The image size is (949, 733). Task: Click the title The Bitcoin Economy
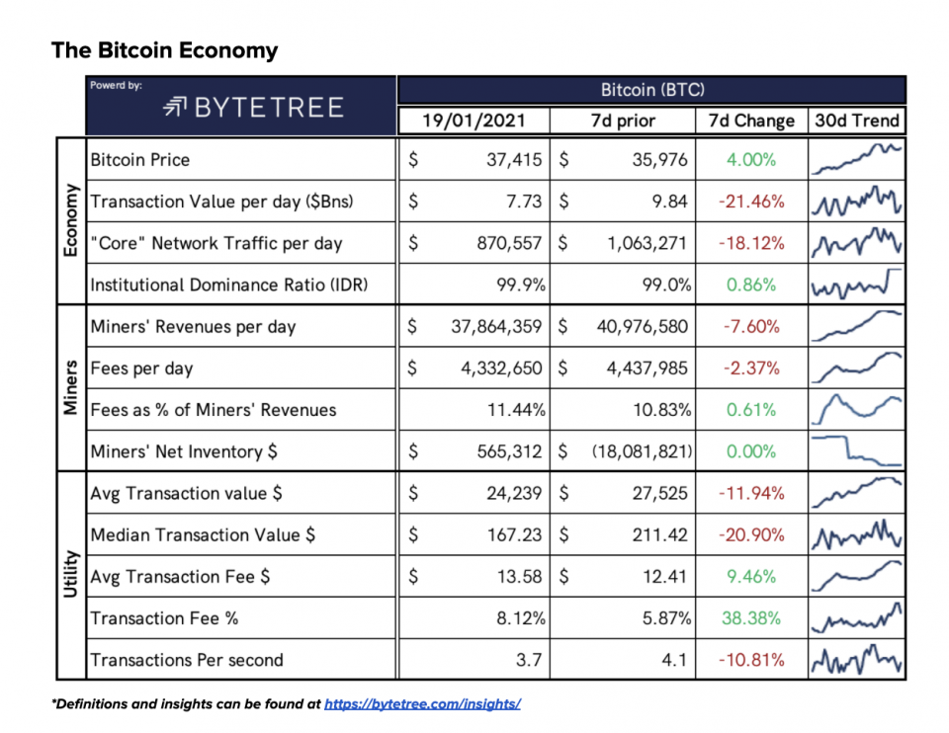(x=165, y=50)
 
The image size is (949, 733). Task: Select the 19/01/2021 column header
(x=473, y=122)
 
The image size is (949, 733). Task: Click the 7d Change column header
(x=751, y=122)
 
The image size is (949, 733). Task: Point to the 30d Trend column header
(x=856, y=122)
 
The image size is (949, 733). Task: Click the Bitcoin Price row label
(x=139, y=160)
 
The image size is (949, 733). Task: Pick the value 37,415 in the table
(x=513, y=160)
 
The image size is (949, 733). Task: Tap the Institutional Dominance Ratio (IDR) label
(x=229, y=285)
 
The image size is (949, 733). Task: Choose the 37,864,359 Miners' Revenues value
(x=489, y=327)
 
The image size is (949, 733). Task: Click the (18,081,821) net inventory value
(x=642, y=451)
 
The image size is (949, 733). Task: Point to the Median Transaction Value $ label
(x=203, y=535)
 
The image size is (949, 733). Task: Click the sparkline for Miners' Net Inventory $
(x=856, y=451)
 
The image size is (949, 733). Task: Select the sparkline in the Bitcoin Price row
(x=856, y=159)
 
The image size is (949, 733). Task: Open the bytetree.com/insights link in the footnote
(x=422, y=704)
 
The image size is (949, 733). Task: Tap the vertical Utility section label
(x=70, y=577)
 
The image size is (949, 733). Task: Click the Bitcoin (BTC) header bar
(x=651, y=90)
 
